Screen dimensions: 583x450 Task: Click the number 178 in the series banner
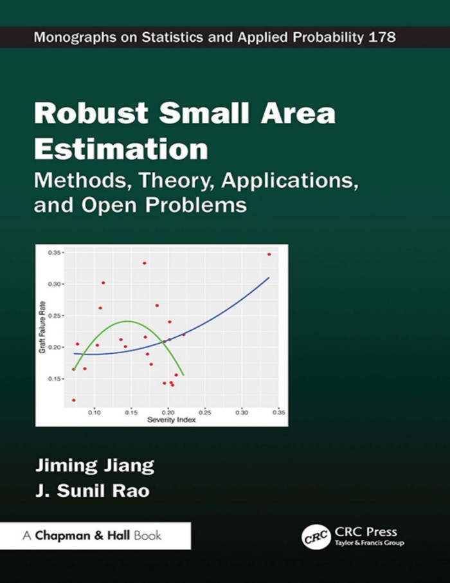tap(382, 37)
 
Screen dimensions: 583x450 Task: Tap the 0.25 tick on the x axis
tap(205, 412)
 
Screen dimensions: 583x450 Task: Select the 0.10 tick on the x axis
tap(94, 412)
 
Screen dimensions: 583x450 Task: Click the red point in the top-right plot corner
tap(269, 254)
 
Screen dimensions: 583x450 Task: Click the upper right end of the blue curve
tap(268, 278)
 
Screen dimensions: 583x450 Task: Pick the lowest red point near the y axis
tap(74, 400)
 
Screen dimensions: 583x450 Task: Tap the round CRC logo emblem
tap(313, 535)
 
